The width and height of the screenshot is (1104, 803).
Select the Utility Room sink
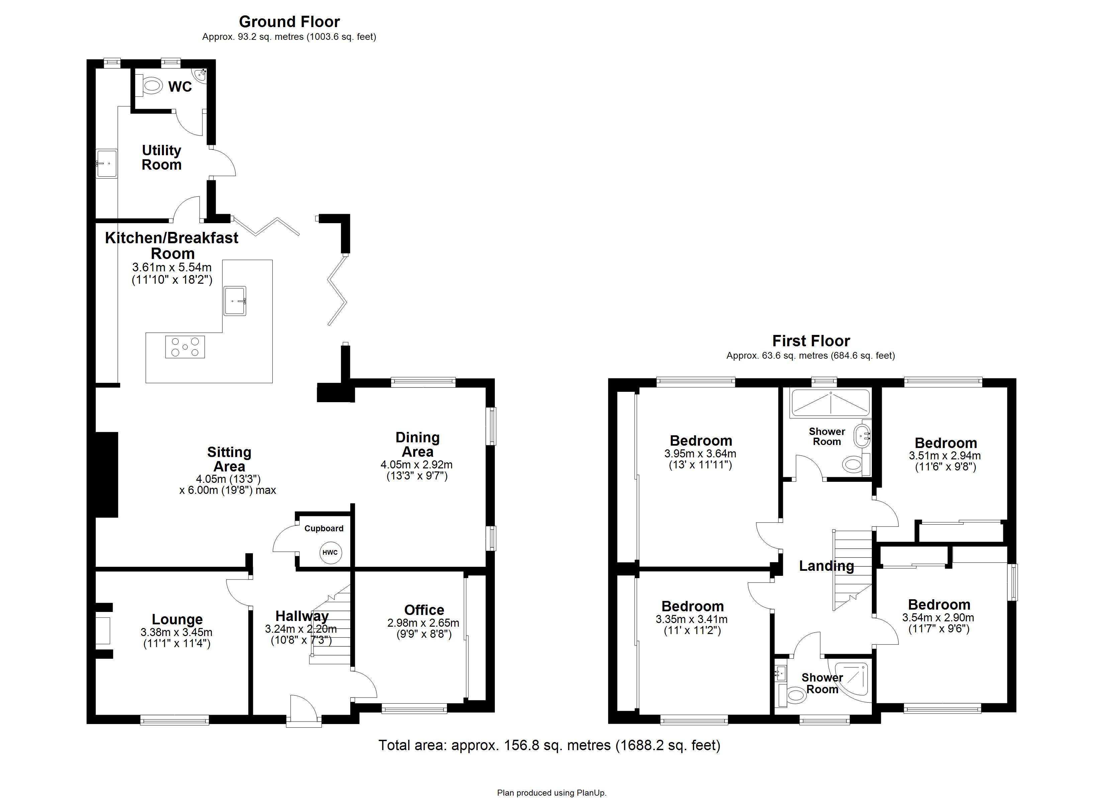pos(106,164)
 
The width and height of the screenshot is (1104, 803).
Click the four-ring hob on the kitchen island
pos(185,347)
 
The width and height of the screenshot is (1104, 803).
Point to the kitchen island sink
pos(236,301)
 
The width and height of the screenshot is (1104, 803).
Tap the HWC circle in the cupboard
pos(331,553)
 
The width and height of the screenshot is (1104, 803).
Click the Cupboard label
pos(324,528)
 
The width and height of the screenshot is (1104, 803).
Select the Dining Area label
pos(417,444)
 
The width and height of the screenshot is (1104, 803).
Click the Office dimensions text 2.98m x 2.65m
pos(423,623)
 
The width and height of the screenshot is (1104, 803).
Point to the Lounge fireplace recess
pos(103,631)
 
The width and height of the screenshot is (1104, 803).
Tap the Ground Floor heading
pos(289,21)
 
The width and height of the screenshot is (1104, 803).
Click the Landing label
pos(827,565)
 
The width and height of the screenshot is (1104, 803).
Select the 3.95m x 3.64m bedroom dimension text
pos(700,454)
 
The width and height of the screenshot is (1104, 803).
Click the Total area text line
pos(549,745)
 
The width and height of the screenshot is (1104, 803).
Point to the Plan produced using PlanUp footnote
pos(552,793)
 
